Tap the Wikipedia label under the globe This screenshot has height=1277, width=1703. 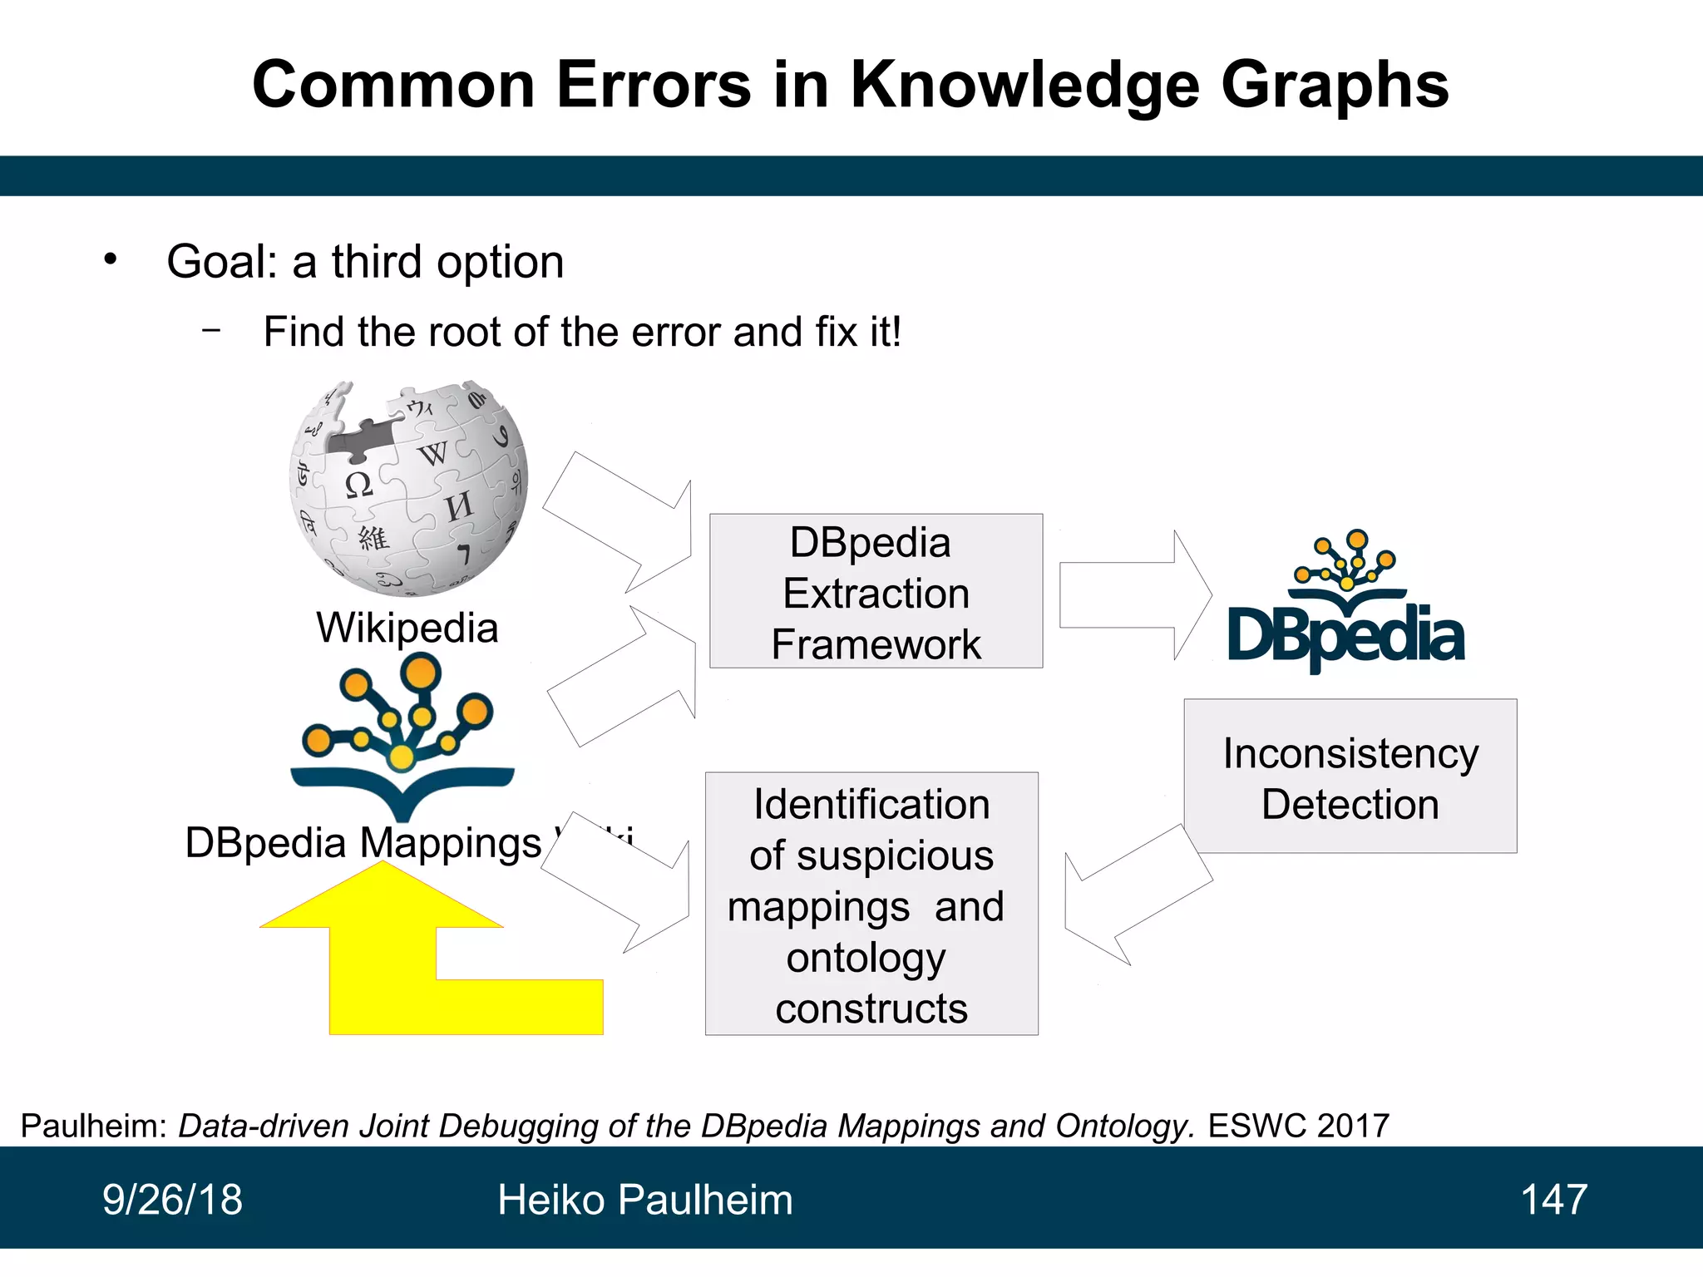click(407, 628)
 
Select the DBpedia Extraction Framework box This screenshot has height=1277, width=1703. click(876, 591)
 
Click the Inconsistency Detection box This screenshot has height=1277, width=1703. click(1350, 777)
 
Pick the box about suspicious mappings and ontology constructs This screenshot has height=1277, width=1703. click(871, 904)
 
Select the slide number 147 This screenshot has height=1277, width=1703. click(1553, 1200)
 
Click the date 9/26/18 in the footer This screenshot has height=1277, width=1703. click(172, 1200)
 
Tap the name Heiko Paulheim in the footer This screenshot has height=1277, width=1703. click(644, 1200)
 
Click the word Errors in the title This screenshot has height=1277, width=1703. click(654, 85)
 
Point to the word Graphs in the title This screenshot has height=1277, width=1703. click(1334, 85)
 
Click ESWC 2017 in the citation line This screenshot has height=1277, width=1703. click(1298, 1126)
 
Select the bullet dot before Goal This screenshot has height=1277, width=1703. click(111, 259)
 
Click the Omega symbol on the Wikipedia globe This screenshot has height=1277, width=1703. click(358, 484)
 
